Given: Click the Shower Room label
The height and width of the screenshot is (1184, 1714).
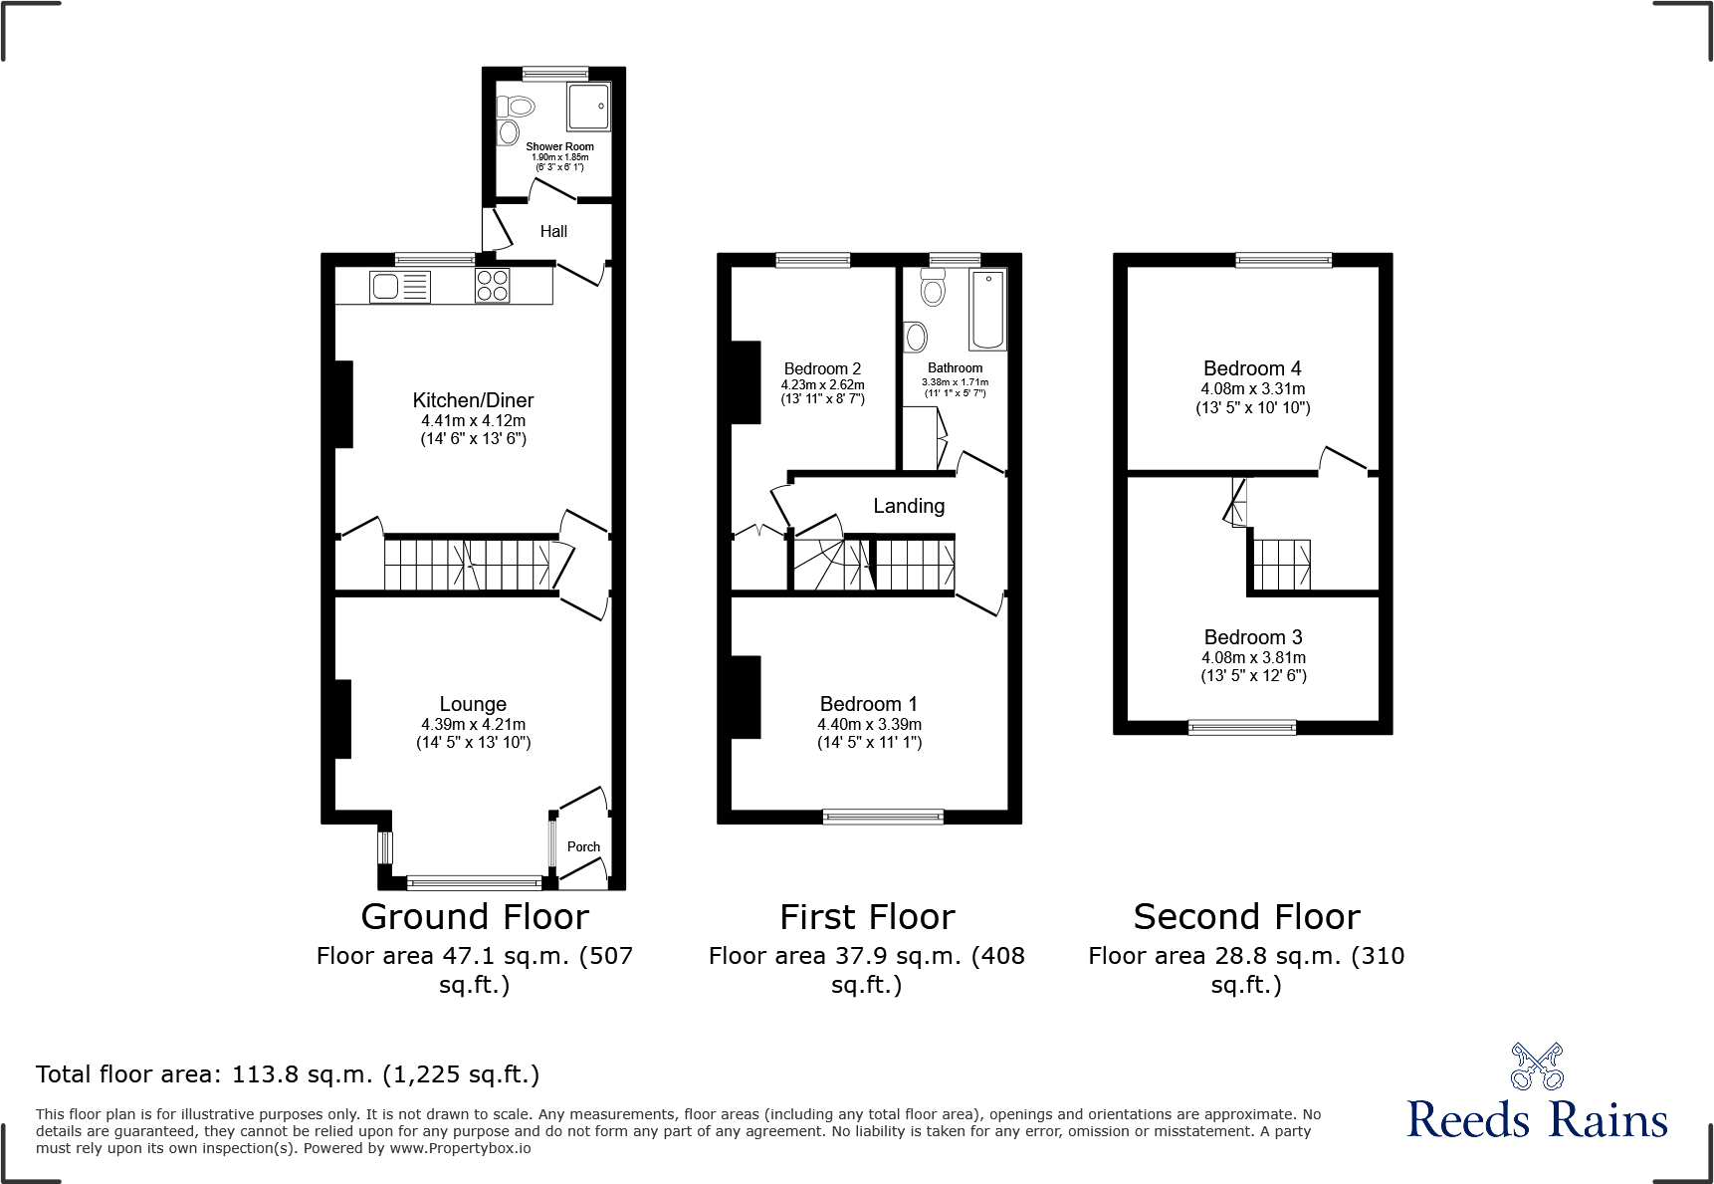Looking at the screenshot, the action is coord(559,146).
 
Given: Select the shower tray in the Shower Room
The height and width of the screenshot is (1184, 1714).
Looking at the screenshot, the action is coord(588,107).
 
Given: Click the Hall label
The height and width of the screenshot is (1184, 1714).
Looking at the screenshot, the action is coord(553,232).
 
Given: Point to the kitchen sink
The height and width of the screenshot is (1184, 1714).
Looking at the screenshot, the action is coord(400,287).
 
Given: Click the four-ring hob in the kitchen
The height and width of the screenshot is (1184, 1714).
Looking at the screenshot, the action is coord(493,286).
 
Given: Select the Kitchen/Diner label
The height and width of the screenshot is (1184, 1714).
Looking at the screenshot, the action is coord(473,400).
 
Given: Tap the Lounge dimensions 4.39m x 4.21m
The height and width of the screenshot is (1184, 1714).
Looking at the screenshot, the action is coord(473,725).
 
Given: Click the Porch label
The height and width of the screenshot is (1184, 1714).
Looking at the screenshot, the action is coord(583,847).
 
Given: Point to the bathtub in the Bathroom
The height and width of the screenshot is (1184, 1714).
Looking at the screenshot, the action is coord(988,309).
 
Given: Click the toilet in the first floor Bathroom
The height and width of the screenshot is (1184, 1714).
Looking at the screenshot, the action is coord(933,287).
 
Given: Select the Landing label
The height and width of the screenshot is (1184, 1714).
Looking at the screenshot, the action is coord(909,506).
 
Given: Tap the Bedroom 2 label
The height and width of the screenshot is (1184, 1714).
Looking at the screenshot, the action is coord(822,368).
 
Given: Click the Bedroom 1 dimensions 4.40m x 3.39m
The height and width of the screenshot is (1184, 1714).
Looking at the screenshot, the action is coord(869,725).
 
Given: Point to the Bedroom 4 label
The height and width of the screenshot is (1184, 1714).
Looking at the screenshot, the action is coord(1252,368).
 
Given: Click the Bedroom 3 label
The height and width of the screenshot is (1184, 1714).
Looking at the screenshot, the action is coord(1253,637).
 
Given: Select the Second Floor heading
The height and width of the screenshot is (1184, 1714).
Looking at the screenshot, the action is coord(1246,916).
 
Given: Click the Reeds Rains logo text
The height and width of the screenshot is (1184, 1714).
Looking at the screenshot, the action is coord(1537,1119).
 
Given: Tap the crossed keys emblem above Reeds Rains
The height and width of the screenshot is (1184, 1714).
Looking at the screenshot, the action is coord(1537,1066).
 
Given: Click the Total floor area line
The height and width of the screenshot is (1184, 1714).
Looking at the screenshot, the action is coord(288,1074).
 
